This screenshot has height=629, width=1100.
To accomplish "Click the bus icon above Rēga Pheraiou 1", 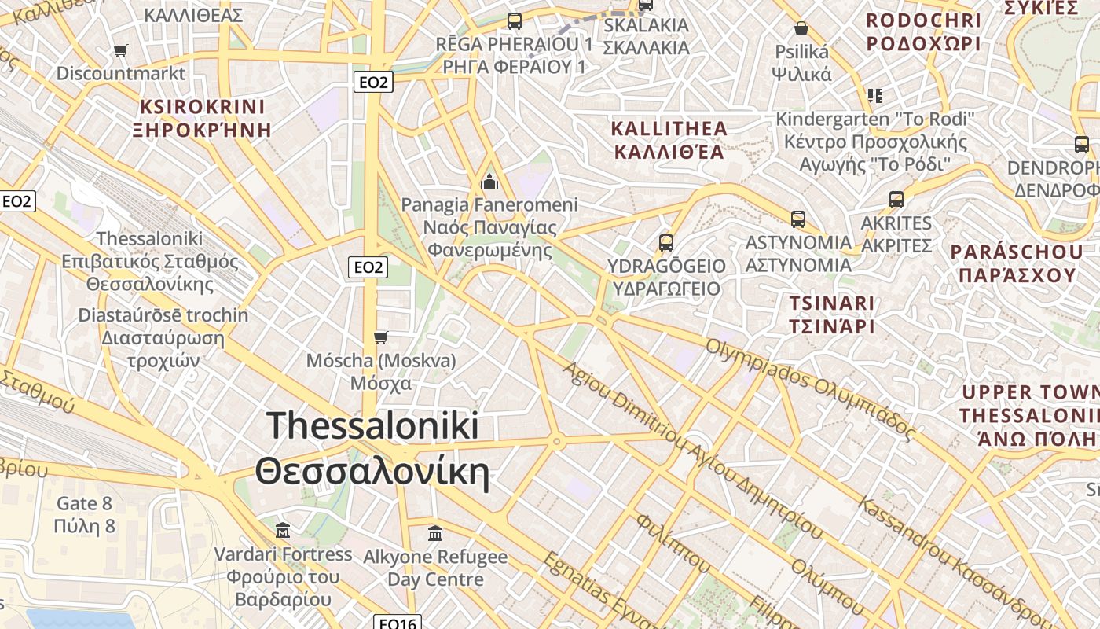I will pos(515,21).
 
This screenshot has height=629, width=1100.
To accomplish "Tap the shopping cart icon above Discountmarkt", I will pos(120,51).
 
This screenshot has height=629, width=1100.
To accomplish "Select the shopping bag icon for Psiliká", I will pos(801,29).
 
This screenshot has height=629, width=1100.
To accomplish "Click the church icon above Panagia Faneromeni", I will pos(489,182).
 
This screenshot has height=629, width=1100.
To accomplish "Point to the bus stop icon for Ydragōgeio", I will pos(666,242).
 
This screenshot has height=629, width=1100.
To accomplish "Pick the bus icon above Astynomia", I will pos(798,219).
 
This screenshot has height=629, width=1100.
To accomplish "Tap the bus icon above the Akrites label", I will pos(896,200).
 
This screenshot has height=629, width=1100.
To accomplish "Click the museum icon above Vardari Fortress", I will pos(283,531).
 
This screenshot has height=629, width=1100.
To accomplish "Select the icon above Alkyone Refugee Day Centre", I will pos(435,534).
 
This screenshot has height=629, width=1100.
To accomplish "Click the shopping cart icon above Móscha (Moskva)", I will pos(381,338).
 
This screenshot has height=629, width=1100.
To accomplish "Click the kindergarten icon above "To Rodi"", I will pos(875,96).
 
